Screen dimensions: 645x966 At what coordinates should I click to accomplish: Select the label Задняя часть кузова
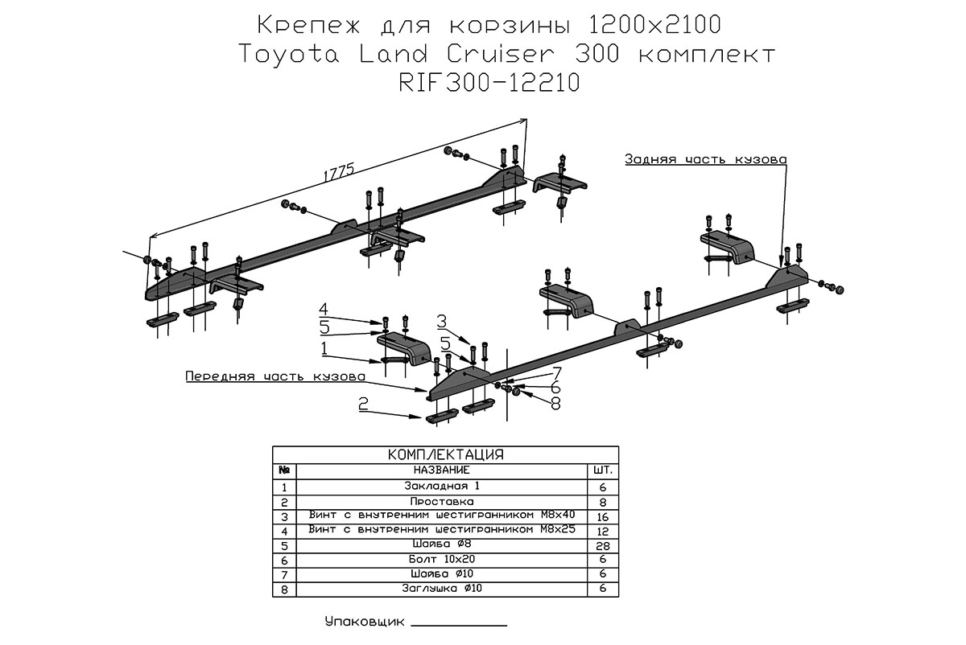[x=705, y=159]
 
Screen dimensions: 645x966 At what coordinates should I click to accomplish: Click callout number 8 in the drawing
[x=555, y=405]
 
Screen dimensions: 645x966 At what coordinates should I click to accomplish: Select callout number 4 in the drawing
[x=323, y=309]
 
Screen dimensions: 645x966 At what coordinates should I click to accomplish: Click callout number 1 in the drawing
[x=323, y=348]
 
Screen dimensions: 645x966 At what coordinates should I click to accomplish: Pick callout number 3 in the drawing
[x=441, y=322]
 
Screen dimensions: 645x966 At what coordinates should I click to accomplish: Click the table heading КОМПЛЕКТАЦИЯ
[x=445, y=454]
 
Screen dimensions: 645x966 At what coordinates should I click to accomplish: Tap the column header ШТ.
[x=602, y=470]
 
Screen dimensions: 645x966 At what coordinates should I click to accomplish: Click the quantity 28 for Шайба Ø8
[x=602, y=545]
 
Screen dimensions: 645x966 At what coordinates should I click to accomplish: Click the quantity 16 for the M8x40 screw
[x=602, y=516]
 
